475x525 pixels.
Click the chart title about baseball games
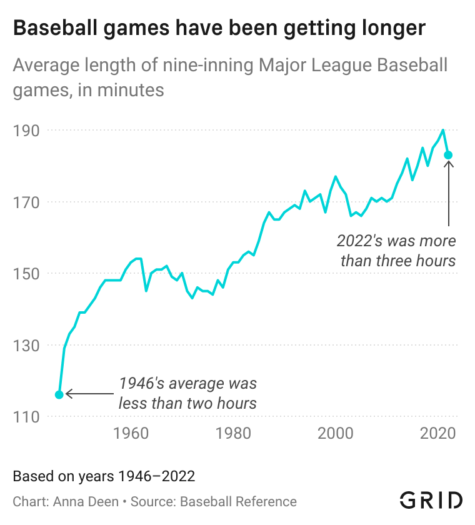point(219,28)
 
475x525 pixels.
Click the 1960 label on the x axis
point(131,432)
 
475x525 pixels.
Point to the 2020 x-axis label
point(438,432)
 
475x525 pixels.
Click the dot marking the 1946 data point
point(59,394)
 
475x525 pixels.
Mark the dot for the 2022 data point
point(448,155)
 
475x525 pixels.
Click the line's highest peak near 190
point(443,130)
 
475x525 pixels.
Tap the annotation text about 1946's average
point(187,393)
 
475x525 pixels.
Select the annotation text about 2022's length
point(397,250)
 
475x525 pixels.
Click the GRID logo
point(431,500)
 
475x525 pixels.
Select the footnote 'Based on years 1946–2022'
point(104,476)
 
